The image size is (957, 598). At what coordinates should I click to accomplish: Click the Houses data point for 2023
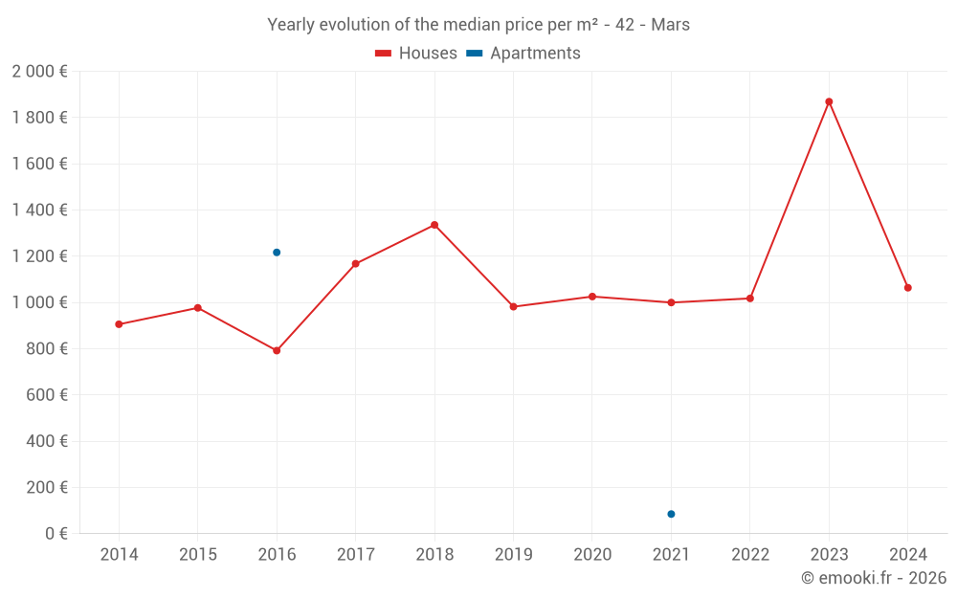(829, 101)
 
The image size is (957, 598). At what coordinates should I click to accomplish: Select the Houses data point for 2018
(434, 225)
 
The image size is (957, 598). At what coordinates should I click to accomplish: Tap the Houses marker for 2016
(277, 350)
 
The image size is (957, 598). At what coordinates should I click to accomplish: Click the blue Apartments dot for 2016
(277, 253)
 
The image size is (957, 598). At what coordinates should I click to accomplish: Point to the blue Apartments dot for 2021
(671, 514)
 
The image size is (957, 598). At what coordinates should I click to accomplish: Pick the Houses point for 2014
(119, 324)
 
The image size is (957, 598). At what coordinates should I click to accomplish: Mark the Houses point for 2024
(907, 288)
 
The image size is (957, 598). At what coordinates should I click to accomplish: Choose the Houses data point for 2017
(355, 264)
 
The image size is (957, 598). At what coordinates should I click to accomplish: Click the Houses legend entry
(416, 54)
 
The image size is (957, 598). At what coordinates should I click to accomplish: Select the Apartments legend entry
(523, 54)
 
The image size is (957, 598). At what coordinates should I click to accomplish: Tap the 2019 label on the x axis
(513, 555)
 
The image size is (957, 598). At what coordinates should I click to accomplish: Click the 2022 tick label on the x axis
(749, 555)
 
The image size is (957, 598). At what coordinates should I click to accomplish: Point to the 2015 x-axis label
(198, 555)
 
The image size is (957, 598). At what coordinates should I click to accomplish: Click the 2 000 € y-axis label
(39, 72)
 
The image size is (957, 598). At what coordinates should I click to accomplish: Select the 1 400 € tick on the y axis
(39, 210)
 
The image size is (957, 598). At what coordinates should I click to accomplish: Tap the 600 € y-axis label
(47, 395)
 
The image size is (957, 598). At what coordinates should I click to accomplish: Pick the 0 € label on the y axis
(56, 534)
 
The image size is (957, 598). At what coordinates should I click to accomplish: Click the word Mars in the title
(670, 25)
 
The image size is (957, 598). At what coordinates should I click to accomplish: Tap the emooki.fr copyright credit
(874, 578)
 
